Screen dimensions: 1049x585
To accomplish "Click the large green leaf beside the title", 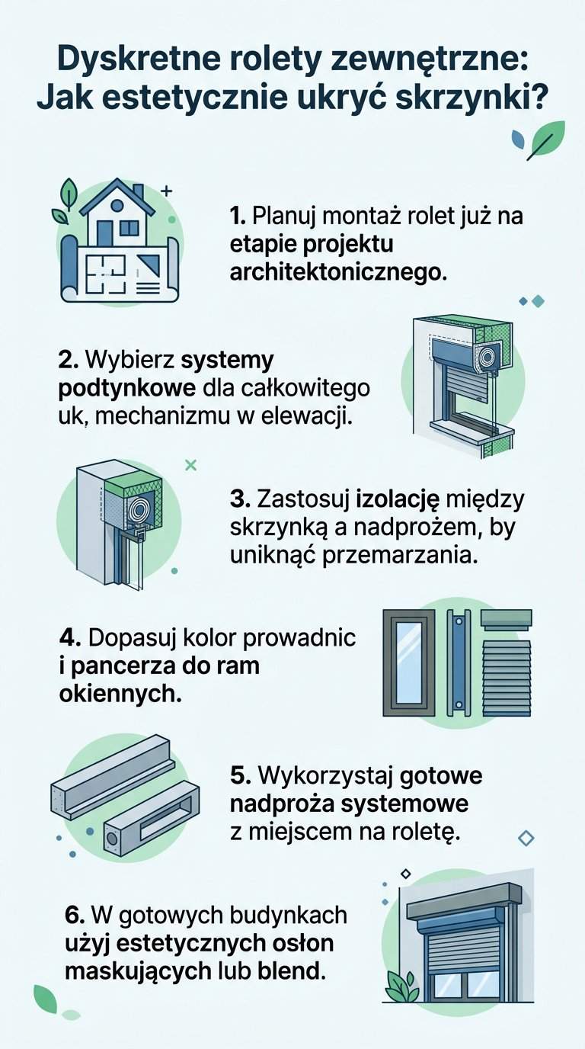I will (x=547, y=140).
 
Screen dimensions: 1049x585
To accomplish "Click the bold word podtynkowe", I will (x=127, y=387).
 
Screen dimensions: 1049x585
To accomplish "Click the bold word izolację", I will (x=398, y=499).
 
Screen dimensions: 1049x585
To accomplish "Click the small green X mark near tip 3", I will (x=191, y=464).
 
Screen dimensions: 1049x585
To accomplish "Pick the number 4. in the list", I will (x=69, y=637).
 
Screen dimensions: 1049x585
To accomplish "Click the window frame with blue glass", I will (x=409, y=662).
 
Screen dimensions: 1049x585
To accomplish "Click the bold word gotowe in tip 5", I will (x=441, y=776).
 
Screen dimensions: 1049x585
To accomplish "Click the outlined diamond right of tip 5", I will (x=526, y=839).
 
